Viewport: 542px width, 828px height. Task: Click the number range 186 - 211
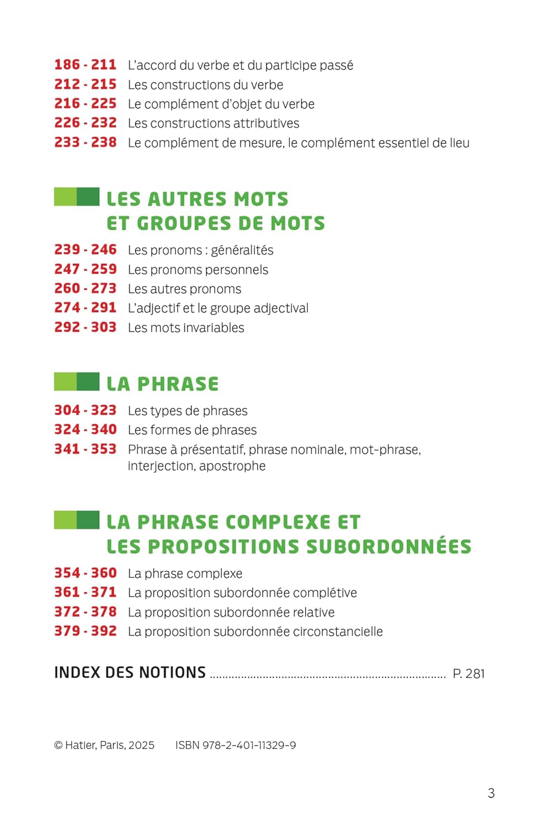(x=85, y=65)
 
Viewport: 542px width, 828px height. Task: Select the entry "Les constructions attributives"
(x=213, y=123)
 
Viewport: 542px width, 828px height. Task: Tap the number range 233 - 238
(x=85, y=142)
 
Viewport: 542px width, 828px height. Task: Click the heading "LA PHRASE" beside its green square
(x=162, y=384)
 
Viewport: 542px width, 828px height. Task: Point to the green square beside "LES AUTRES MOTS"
(x=77, y=197)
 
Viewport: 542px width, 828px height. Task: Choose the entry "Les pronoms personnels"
(x=198, y=269)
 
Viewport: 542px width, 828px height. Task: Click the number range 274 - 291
(x=85, y=308)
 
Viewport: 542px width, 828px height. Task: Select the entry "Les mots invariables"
(x=185, y=327)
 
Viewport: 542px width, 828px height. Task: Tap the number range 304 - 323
(x=85, y=410)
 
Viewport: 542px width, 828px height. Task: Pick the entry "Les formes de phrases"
(x=192, y=429)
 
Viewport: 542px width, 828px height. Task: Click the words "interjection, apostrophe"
(x=196, y=466)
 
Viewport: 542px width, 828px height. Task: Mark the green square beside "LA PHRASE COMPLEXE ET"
(x=77, y=520)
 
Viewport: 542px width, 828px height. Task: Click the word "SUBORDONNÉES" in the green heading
(x=389, y=546)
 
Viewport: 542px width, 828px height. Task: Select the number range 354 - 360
(x=85, y=573)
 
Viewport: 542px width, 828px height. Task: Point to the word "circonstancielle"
(x=338, y=631)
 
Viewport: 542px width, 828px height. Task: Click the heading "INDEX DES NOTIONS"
(x=130, y=672)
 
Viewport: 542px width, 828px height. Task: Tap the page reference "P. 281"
(x=469, y=673)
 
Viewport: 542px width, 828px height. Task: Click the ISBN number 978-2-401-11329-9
(x=249, y=745)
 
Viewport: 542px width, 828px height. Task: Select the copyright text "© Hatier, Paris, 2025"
(x=104, y=745)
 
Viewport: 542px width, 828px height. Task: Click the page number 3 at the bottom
(x=491, y=793)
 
